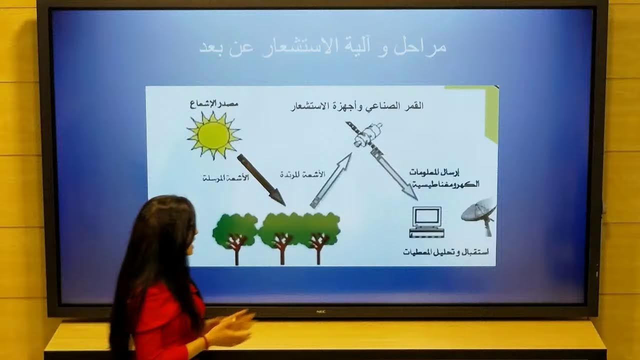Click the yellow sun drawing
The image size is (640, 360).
(213, 135)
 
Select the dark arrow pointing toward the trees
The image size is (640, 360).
(260, 179)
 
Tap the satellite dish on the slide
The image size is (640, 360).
(479, 214)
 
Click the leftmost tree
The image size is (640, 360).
(234, 235)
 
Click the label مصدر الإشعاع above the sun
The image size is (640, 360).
(213, 104)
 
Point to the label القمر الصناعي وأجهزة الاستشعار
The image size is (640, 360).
(357, 106)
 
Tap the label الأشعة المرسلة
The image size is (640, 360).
(225, 178)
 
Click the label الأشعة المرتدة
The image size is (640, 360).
(302, 174)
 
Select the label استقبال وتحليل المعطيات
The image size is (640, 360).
(446, 251)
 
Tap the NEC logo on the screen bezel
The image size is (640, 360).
(320, 311)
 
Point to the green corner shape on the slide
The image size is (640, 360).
(487, 110)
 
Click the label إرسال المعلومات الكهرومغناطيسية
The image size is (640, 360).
(444, 178)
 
